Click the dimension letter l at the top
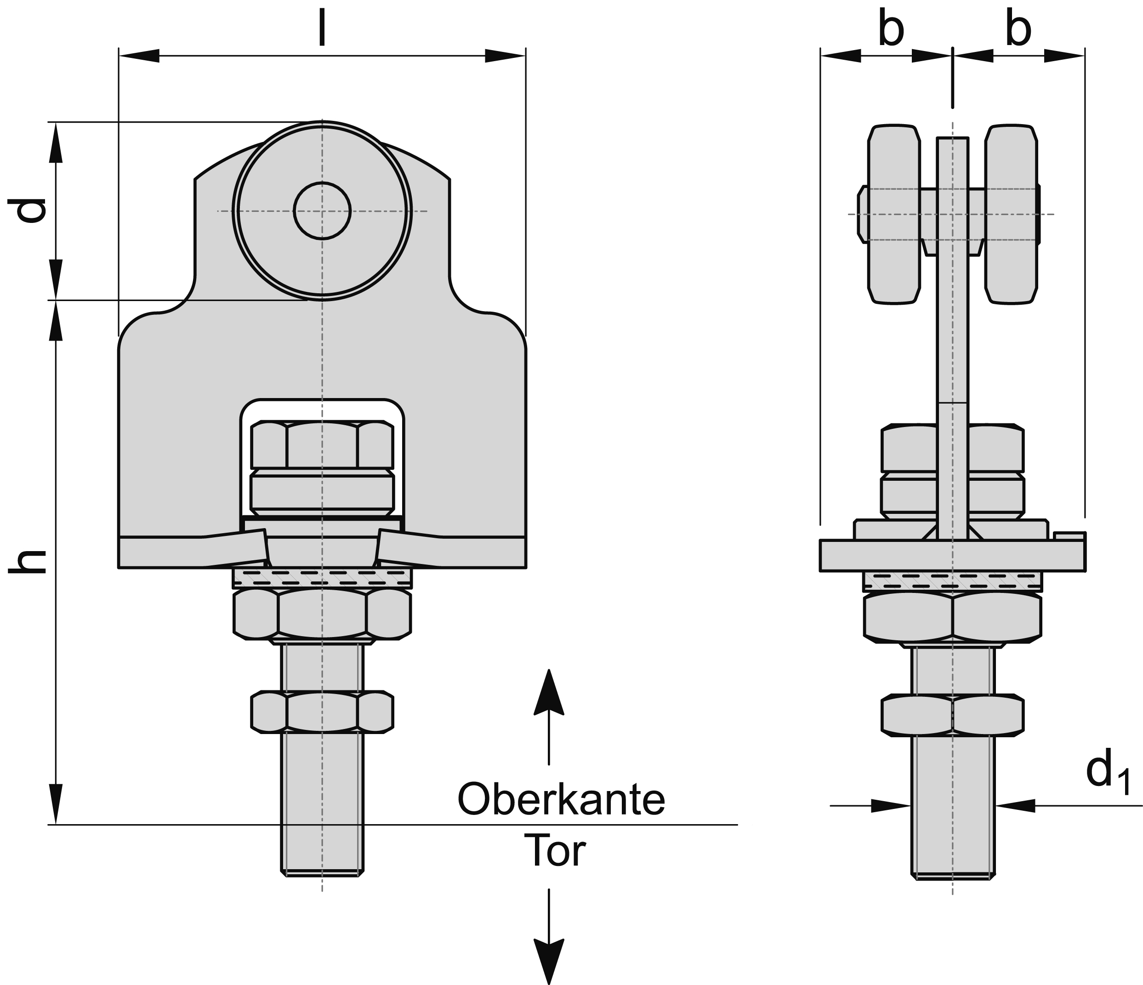pyautogui.click(x=322, y=28)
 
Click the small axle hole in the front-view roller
pyautogui.click(x=322, y=211)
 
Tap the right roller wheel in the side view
pyautogui.click(x=1011, y=214)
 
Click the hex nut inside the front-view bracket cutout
pyautogui.click(x=322, y=445)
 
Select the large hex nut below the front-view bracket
pyautogui.click(x=322, y=614)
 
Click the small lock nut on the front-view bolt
pyautogui.click(x=322, y=712)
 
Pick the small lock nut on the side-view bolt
pyautogui.click(x=952, y=716)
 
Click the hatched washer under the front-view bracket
pyautogui.click(x=322, y=578)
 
